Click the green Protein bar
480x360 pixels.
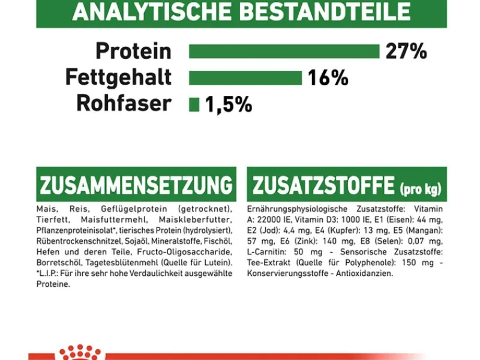[x=284, y=52]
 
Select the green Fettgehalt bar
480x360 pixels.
[x=245, y=78]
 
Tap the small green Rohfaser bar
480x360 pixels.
[x=194, y=104]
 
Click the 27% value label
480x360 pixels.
[x=406, y=52]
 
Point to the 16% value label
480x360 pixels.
[x=328, y=78]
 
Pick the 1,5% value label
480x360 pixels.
[x=228, y=104]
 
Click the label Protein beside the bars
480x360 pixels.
[x=133, y=52]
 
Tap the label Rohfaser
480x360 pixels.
[x=124, y=104]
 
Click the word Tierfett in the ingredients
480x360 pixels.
[x=51, y=219]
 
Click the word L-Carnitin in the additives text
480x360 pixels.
[x=265, y=251]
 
